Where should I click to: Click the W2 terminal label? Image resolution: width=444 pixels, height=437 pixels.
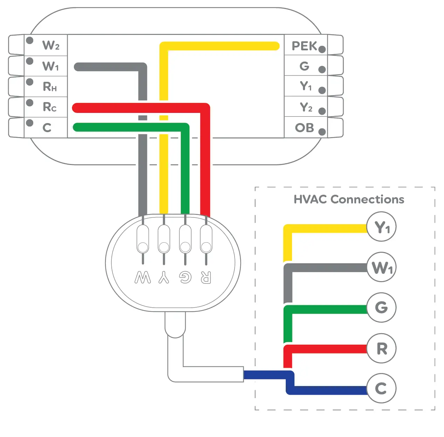click(x=51, y=45)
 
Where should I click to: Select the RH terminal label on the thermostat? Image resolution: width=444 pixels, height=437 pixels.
click(x=50, y=86)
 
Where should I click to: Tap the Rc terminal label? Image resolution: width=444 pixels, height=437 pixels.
click(x=49, y=107)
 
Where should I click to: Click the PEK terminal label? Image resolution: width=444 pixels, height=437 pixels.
click(x=304, y=46)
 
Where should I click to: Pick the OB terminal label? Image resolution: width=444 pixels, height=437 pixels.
click(x=304, y=128)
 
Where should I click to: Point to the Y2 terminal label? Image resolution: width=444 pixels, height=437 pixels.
click(x=306, y=107)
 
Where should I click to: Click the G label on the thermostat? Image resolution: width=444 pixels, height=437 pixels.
click(x=304, y=66)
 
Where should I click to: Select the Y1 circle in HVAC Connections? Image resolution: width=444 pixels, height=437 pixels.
click(x=381, y=227)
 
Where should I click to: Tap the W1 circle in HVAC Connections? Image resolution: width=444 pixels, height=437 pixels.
click(x=381, y=267)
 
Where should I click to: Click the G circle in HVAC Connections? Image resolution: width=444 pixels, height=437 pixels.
click(x=381, y=308)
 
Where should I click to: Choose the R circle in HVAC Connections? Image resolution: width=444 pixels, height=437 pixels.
click(x=381, y=348)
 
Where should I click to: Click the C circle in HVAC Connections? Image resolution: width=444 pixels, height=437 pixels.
click(x=381, y=388)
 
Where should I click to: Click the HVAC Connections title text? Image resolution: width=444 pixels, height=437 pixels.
click(x=349, y=199)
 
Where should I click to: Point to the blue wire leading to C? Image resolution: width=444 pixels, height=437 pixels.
click(x=326, y=391)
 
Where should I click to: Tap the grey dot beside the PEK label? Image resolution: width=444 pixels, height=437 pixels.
click(x=322, y=49)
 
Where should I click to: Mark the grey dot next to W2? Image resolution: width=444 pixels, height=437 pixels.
click(x=30, y=41)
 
